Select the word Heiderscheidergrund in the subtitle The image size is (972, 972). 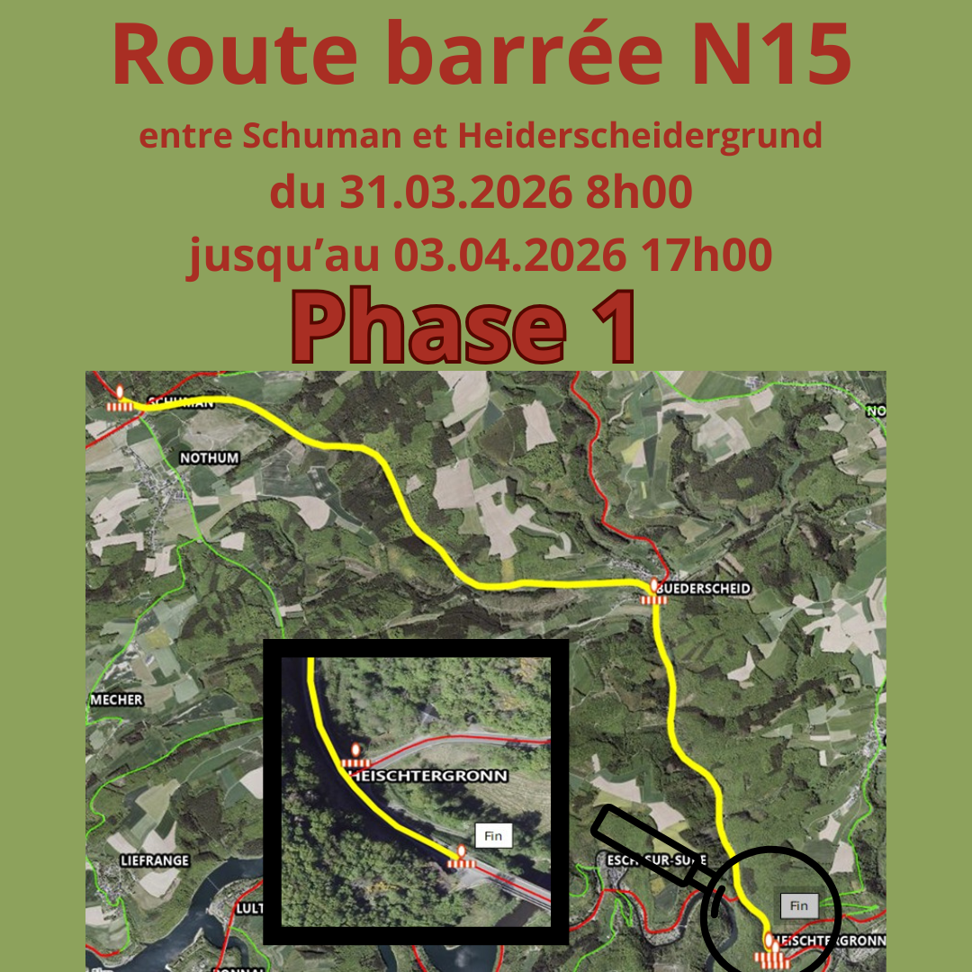point(640,136)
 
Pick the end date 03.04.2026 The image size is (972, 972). point(509,256)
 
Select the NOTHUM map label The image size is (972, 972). point(210,458)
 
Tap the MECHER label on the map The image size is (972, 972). point(117,700)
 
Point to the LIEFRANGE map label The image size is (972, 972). point(155,860)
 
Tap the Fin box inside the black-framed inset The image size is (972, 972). point(492,836)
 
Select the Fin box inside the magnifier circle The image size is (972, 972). point(798,905)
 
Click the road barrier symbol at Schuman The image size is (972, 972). point(121,400)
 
